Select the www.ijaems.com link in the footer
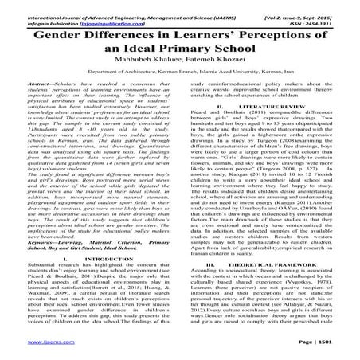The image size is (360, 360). [x=29, y=350]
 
